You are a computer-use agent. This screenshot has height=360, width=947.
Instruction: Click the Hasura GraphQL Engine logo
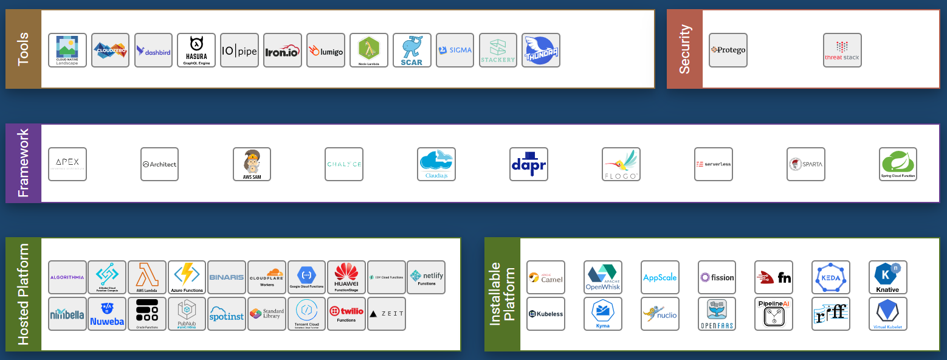(196, 50)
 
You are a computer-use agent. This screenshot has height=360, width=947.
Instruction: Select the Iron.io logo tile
(283, 50)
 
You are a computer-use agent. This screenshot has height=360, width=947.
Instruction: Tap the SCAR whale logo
(412, 50)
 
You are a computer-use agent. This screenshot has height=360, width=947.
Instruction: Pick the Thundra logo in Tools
(541, 50)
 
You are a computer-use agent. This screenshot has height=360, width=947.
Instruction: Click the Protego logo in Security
(728, 50)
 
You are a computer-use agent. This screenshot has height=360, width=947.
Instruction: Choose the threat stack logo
(842, 50)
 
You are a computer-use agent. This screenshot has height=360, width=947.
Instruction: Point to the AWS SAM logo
(252, 164)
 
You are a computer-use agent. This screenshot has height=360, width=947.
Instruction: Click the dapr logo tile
(529, 164)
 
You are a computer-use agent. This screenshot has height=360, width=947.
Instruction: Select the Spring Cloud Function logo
(898, 164)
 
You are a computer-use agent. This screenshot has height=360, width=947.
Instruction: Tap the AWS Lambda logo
(147, 277)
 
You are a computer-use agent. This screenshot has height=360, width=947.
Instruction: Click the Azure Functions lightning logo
(187, 277)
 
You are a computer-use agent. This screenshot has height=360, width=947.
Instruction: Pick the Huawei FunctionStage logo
(346, 277)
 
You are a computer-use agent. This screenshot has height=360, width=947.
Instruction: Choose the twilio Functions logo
(346, 314)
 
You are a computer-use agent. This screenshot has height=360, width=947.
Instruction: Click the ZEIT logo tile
(387, 314)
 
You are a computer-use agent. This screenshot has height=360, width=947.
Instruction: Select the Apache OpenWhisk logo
(602, 277)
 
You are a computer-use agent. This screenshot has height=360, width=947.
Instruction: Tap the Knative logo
(887, 277)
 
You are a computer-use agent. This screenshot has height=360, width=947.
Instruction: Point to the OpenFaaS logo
(717, 314)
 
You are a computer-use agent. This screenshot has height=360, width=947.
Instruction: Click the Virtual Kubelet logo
(887, 314)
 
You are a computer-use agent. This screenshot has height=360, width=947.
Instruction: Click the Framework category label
(24, 163)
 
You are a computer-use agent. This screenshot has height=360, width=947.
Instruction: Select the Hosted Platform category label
(24, 294)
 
